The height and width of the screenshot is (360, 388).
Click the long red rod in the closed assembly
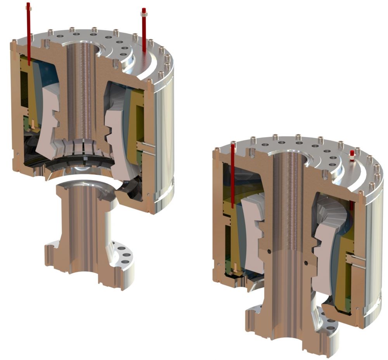tap(232, 174)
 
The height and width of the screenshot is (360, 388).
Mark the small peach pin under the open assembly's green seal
tap(33, 124)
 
